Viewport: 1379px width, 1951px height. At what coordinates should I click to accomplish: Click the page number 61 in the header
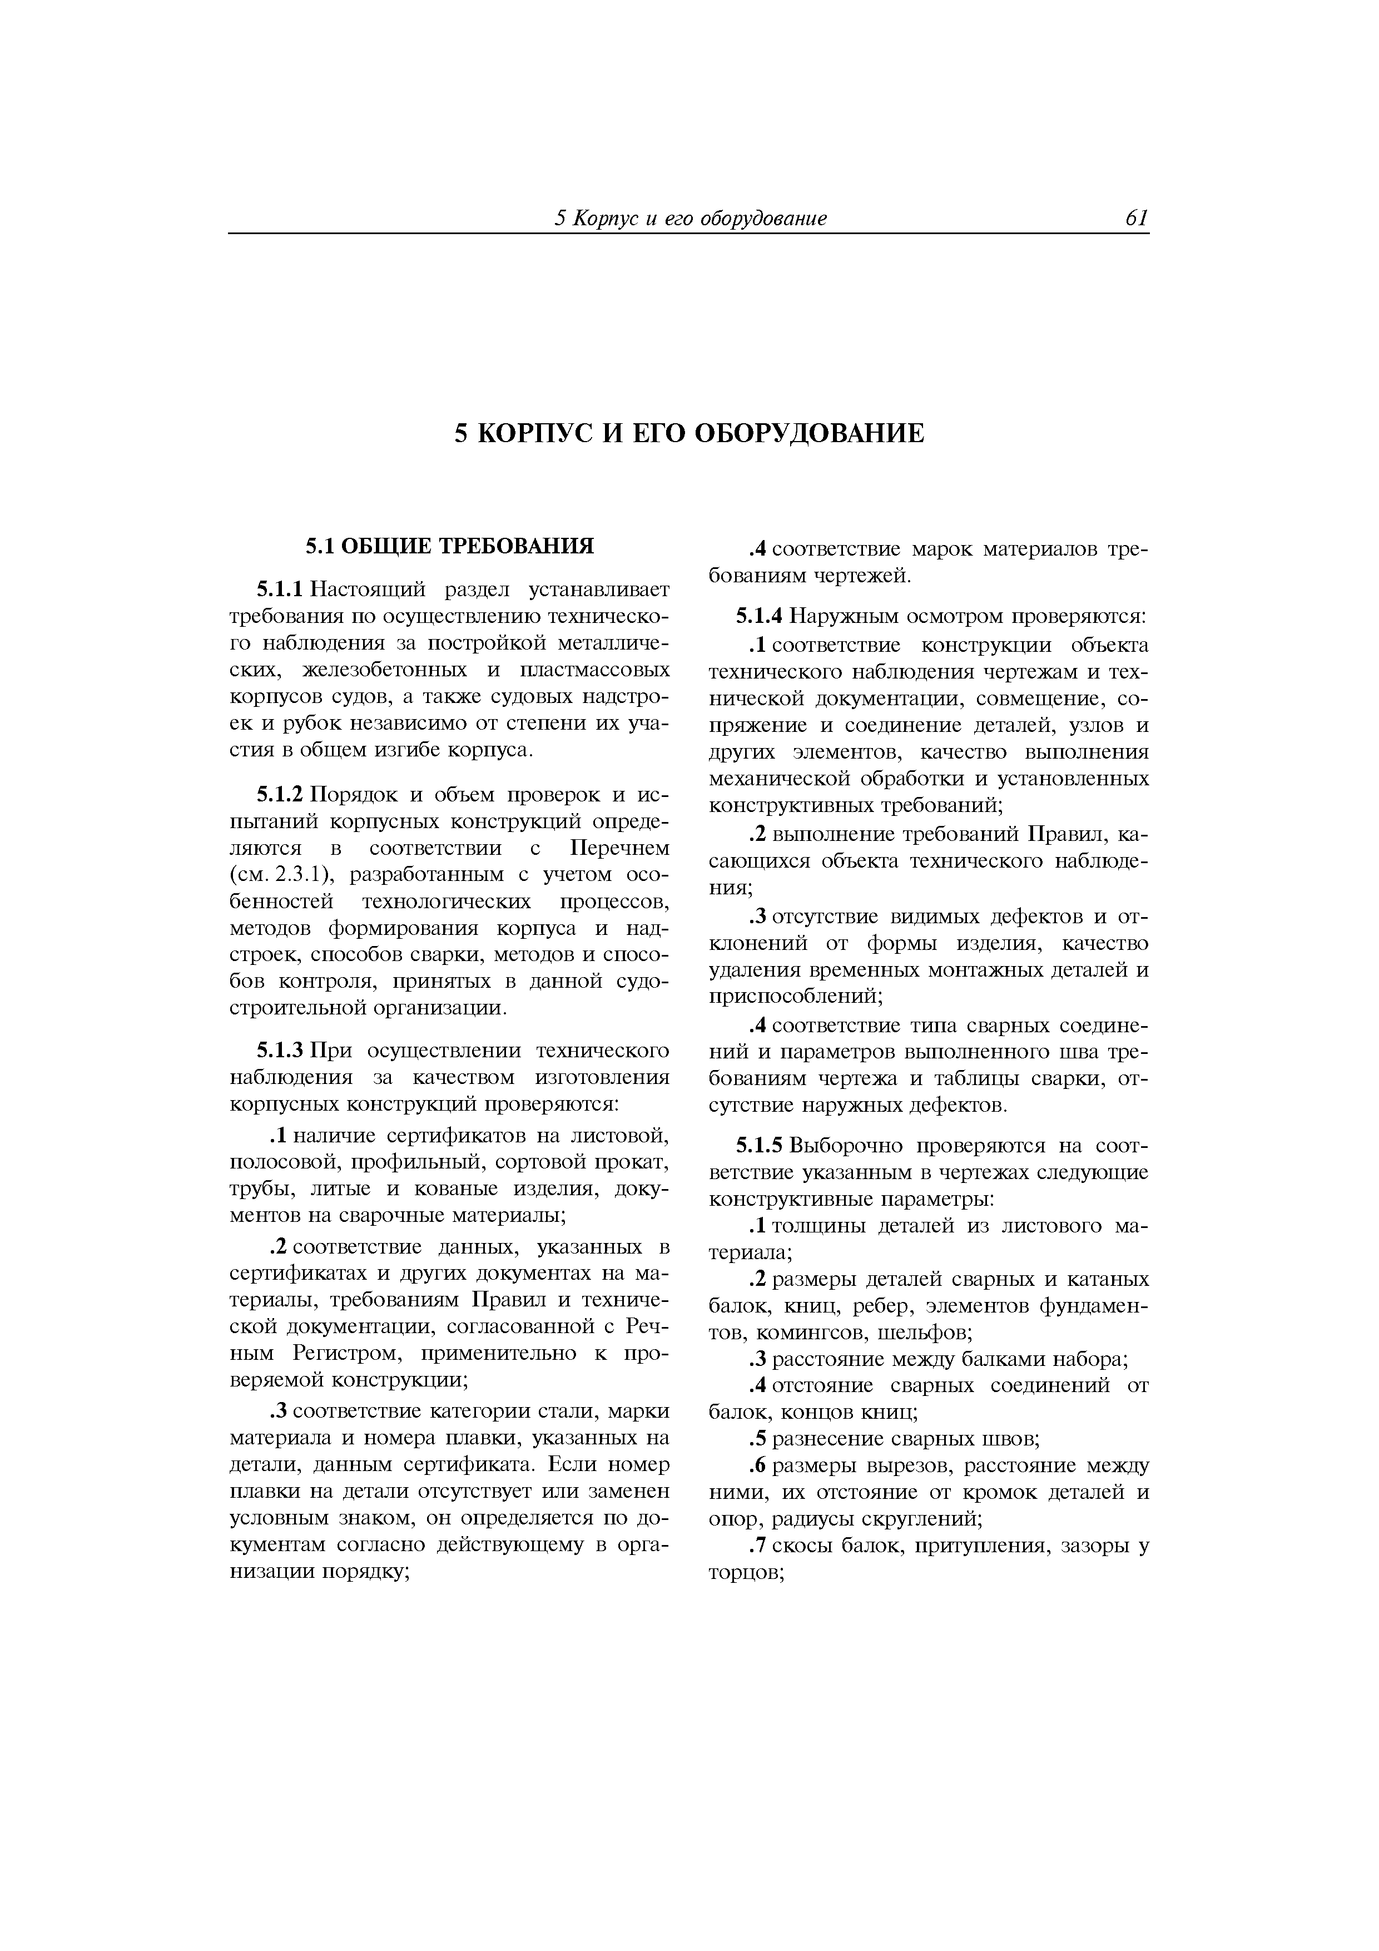pyautogui.click(x=1136, y=219)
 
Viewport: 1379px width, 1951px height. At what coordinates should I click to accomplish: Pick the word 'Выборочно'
pyautogui.click(x=850, y=1146)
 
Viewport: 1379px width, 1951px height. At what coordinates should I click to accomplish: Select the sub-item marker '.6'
pyautogui.click(x=759, y=1466)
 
